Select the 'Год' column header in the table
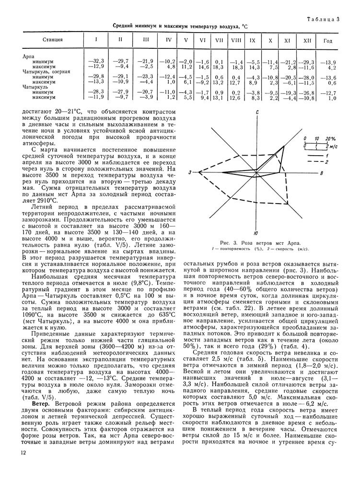[x=328, y=40]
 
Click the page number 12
[x=23, y=453]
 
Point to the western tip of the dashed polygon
[x=199, y=171]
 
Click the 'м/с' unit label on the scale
[x=333, y=146]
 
